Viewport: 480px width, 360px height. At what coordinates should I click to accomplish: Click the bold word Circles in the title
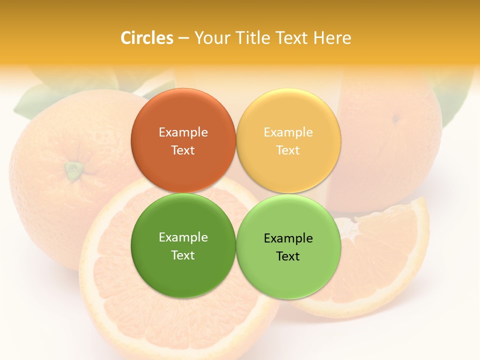click(147, 38)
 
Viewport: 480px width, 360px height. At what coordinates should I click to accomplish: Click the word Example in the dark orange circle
click(183, 132)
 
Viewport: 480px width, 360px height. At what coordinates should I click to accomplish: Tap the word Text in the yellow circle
click(288, 150)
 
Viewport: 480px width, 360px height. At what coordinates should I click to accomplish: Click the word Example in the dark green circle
click(183, 237)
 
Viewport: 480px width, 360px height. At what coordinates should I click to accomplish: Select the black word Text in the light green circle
click(288, 256)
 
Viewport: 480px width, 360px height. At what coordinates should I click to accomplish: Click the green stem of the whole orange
click(74, 170)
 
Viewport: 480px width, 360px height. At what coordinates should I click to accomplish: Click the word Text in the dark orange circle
click(183, 150)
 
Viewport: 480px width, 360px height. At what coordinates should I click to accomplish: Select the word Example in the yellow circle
click(288, 132)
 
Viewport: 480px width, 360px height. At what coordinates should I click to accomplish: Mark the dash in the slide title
click(183, 38)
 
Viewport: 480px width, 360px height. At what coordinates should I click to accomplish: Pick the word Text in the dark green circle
click(183, 255)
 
